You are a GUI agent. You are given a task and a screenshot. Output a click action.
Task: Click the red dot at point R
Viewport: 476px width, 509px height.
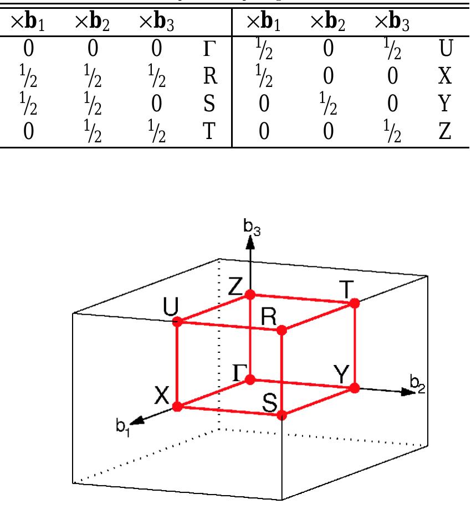point(281,330)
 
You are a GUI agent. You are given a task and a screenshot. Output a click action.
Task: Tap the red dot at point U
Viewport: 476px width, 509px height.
point(177,321)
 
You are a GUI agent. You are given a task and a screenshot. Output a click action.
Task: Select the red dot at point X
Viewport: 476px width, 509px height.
point(177,407)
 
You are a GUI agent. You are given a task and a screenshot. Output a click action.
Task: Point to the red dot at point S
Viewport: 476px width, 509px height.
point(281,415)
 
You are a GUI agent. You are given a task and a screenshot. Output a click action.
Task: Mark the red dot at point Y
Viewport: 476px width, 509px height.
point(355,388)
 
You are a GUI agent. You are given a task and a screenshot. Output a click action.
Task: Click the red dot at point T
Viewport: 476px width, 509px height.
point(355,303)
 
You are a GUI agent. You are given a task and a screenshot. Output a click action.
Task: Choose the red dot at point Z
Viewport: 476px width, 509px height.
point(250,294)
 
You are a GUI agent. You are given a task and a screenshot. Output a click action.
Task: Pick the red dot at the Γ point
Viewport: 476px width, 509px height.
point(250,379)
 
